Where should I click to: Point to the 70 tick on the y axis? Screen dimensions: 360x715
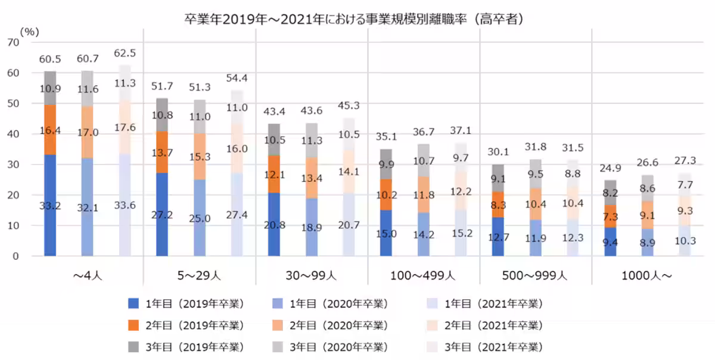[x=14, y=42]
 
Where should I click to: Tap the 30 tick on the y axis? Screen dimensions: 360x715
[x=14, y=165]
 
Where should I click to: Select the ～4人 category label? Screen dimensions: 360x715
[x=87, y=276]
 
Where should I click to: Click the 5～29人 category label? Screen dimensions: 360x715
[x=199, y=276]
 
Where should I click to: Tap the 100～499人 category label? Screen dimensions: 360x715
[x=423, y=276]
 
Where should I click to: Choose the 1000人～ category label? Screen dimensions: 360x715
[x=646, y=276]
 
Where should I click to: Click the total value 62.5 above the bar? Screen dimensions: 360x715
[x=125, y=53]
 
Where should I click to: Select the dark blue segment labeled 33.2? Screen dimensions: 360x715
[x=50, y=206]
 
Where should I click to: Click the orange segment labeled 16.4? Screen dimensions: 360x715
[x=50, y=129]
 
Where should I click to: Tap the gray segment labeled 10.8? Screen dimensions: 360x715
[x=162, y=115]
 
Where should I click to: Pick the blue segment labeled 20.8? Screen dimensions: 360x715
[x=274, y=224]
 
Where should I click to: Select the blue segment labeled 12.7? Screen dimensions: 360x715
[x=498, y=237]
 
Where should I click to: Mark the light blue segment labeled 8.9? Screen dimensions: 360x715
[x=647, y=243]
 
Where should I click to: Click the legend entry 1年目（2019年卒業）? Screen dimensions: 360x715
[x=185, y=303]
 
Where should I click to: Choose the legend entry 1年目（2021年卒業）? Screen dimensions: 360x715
[x=485, y=303]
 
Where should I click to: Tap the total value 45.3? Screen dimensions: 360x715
[x=349, y=105]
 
